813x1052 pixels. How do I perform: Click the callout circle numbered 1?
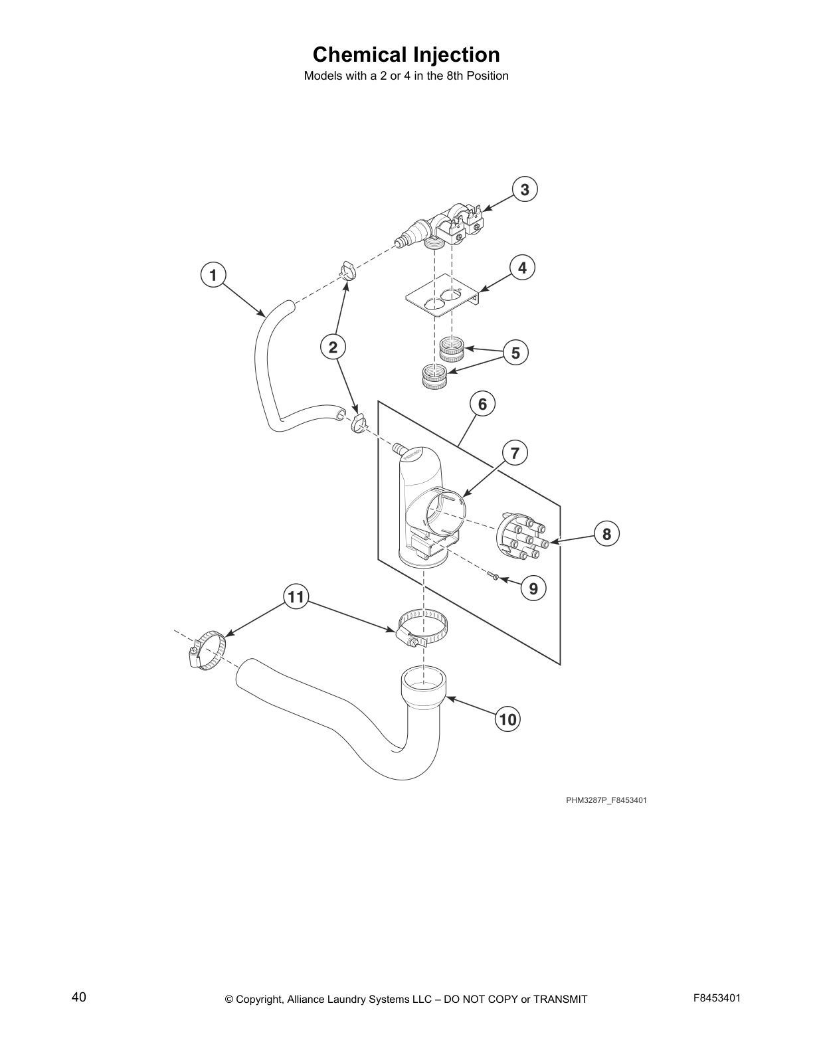[213, 274]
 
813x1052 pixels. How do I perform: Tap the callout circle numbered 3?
[524, 190]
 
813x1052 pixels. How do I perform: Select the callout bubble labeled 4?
[522, 268]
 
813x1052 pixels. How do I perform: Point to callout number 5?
[515, 353]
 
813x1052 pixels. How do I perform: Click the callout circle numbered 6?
[482, 404]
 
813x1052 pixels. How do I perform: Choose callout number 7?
[515, 454]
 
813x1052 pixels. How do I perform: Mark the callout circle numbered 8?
[606, 533]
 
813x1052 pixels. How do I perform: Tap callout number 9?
[533, 588]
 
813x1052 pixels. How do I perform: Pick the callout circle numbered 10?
[507, 719]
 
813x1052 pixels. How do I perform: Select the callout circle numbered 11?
[296, 597]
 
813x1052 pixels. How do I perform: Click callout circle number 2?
[333, 346]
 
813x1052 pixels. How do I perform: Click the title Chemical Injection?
[406, 54]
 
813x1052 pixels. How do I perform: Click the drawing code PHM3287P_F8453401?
[606, 800]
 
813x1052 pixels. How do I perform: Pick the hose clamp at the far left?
[205, 650]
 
